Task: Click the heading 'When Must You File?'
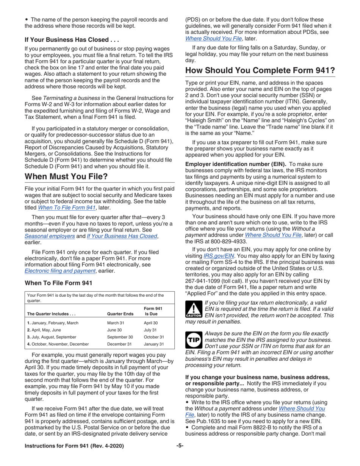[66, 177]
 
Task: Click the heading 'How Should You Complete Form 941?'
[260, 71]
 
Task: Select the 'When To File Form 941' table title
[58, 283]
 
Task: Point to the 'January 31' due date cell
[153, 344]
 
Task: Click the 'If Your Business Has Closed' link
[121, 236]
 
